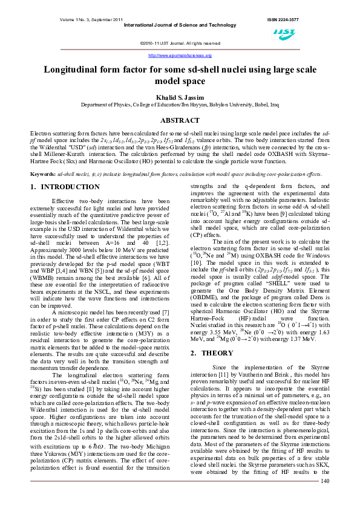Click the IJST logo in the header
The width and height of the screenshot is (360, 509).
[283, 32]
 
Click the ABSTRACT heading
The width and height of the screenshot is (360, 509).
[180, 120]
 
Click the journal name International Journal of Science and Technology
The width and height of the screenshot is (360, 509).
[180, 25]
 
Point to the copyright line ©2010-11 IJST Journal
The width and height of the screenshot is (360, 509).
[180, 44]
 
